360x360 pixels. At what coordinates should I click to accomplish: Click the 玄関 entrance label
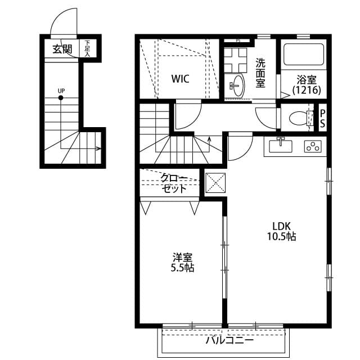pyautogui.click(x=62, y=49)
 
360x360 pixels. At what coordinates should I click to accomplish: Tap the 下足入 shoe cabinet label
pyautogui.click(x=88, y=48)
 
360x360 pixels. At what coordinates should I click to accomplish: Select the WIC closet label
pyautogui.click(x=180, y=79)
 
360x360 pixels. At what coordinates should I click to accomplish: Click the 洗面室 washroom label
pyautogui.click(x=260, y=73)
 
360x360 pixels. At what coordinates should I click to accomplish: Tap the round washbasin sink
pyautogui.click(x=236, y=86)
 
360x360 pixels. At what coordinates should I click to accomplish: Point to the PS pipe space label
pyautogui.click(x=323, y=118)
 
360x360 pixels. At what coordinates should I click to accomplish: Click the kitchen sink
pyautogui.click(x=281, y=146)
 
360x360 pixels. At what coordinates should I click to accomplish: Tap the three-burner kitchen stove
pyautogui.click(x=312, y=147)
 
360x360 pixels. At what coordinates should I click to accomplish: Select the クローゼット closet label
pyautogui.click(x=174, y=183)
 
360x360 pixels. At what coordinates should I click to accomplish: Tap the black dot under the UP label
pyautogui.click(x=61, y=98)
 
